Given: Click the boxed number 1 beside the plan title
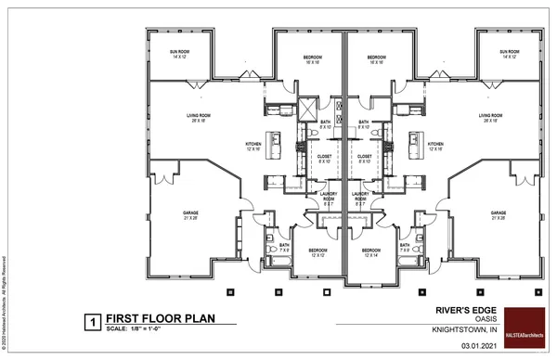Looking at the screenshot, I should tap(93, 322).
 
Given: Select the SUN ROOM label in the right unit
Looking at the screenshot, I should tap(509, 54).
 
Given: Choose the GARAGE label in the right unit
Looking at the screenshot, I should tap(499, 215).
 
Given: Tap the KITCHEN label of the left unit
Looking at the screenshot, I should tap(253, 146).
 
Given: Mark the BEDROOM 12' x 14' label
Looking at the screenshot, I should tap(371, 252).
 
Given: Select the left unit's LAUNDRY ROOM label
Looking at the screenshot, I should tap(329, 199).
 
